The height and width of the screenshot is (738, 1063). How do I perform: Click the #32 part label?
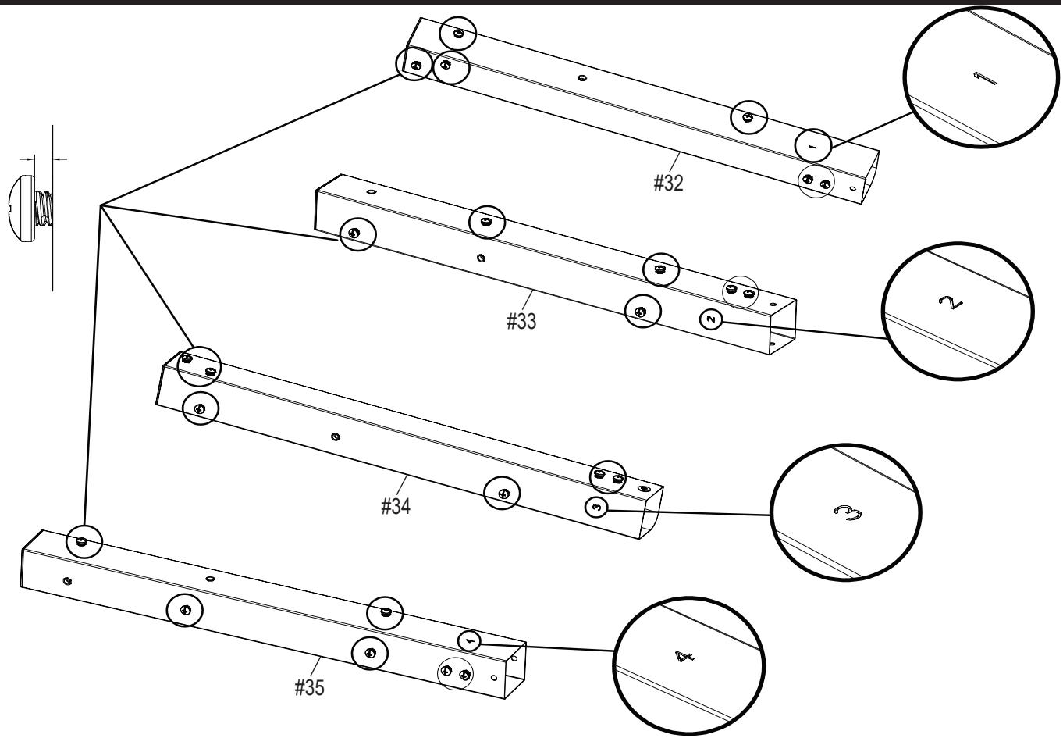668,184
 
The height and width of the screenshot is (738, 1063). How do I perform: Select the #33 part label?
521,320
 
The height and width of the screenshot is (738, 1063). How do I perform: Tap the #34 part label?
396,506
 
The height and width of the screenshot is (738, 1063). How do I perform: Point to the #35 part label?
309,687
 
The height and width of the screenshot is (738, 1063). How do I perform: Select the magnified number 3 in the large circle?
845,512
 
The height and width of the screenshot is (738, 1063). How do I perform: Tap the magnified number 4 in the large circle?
684,658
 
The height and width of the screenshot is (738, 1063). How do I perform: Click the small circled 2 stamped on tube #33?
711,319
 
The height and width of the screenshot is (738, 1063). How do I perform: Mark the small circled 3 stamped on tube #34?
596,507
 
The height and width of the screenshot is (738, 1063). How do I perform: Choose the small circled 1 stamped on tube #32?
812,144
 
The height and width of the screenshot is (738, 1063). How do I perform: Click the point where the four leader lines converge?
101,205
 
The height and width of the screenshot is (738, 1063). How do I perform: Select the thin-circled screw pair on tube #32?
816,183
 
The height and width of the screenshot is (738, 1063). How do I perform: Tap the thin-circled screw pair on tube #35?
456,673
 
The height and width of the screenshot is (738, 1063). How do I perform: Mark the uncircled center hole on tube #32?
581,78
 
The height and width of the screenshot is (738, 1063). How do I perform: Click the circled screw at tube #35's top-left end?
83,540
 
